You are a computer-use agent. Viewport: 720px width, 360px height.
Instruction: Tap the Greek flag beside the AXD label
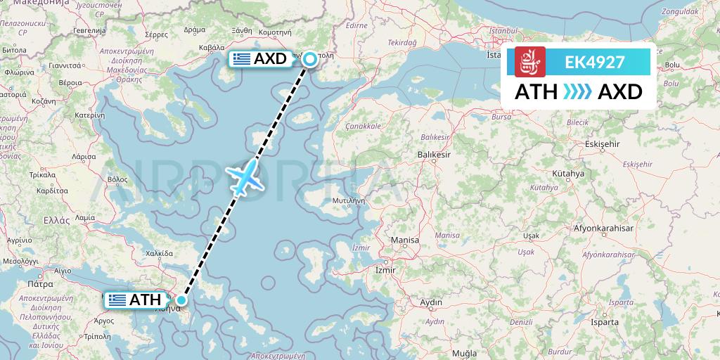[x=242, y=59]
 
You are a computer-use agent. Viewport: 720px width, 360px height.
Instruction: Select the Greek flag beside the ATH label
[x=117, y=300]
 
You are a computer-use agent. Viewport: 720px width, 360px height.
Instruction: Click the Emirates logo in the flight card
[x=529, y=62]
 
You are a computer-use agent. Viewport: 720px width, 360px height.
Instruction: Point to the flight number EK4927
[x=594, y=62]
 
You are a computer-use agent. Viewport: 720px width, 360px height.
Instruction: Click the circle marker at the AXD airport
[x=309, y=60]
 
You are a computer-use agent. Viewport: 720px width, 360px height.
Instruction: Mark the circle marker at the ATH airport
[x=181, y=300]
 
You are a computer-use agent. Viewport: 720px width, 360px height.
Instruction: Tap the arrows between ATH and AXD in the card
[x=577, y=92]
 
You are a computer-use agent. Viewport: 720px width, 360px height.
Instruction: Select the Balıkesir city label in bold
[x=433, y=153]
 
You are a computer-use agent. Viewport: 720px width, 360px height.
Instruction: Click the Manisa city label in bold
[x=405, y=240]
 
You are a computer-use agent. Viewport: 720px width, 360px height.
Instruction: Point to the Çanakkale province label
[x=363, y=127]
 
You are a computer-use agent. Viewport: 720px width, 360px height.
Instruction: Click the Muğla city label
[x=464, y=352]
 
